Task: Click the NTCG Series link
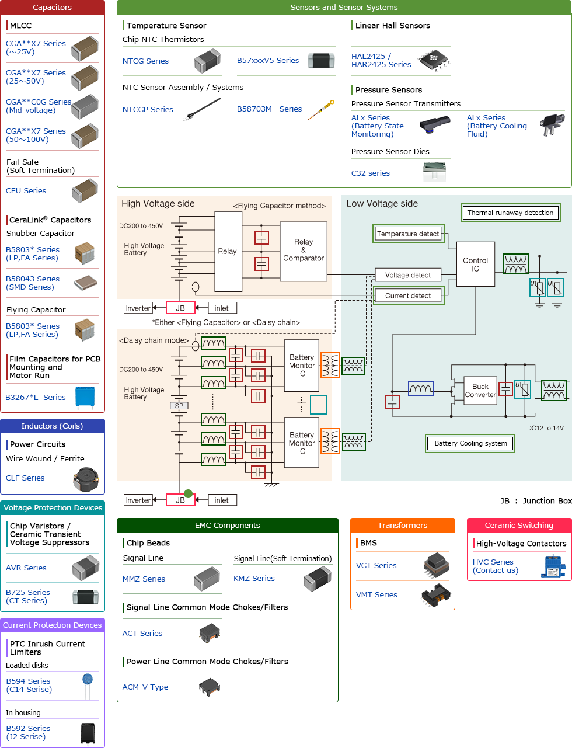click(145, 61)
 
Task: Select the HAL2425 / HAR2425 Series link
click(381, 61)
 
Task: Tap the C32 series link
click(370, 173)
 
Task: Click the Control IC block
click(475, 265)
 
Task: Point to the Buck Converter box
click(480, 391)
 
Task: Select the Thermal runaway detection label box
click(510, 213)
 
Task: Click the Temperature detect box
click(408, 234)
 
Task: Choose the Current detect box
click(408, 296)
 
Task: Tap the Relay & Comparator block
click(303, 250)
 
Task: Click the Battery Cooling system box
click(470, 444)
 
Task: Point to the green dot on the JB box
click(188, 493)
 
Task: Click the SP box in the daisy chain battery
click(179, 406)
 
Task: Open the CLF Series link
click(25, 478)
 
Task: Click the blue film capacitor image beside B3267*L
click(85, 397)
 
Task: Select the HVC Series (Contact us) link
click(495, 566)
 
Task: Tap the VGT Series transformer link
click(376, 566)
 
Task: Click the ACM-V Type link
click(145, 687)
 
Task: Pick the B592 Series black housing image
click(88, 733)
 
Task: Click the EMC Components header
click(227, 526)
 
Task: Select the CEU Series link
click(26, 191)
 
